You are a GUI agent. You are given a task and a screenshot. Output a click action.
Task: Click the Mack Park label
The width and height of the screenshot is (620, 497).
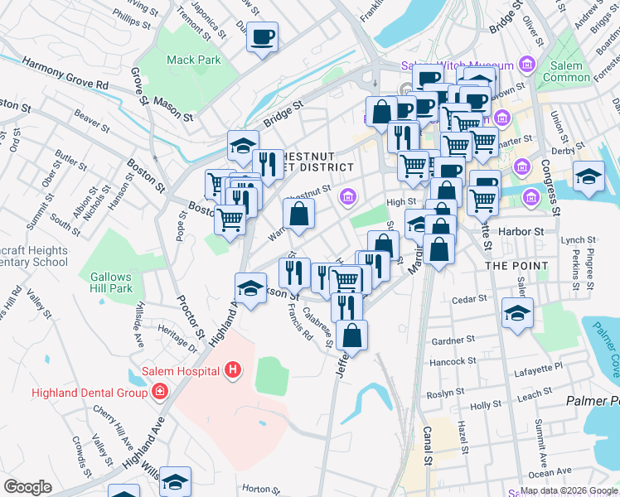[194, 60]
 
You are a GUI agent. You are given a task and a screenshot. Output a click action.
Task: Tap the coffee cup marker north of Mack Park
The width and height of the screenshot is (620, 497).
[263, 37]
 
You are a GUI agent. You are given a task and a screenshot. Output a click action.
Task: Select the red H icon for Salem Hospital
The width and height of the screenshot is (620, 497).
[235, 370]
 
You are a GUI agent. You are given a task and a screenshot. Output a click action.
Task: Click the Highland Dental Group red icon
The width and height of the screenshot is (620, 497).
[158, 391]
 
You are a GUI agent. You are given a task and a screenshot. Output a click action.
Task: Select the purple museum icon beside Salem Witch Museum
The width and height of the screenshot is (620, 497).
[525, 65]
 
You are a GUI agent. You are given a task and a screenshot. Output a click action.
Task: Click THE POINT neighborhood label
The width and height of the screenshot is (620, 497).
[516, 265]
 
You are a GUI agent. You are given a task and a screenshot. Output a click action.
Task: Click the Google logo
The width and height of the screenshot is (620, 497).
[27, 486]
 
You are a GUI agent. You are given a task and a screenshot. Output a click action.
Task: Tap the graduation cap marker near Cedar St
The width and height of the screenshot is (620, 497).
[517, 314]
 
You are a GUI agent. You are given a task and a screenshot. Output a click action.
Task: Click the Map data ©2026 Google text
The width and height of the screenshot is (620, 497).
[569, 490]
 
